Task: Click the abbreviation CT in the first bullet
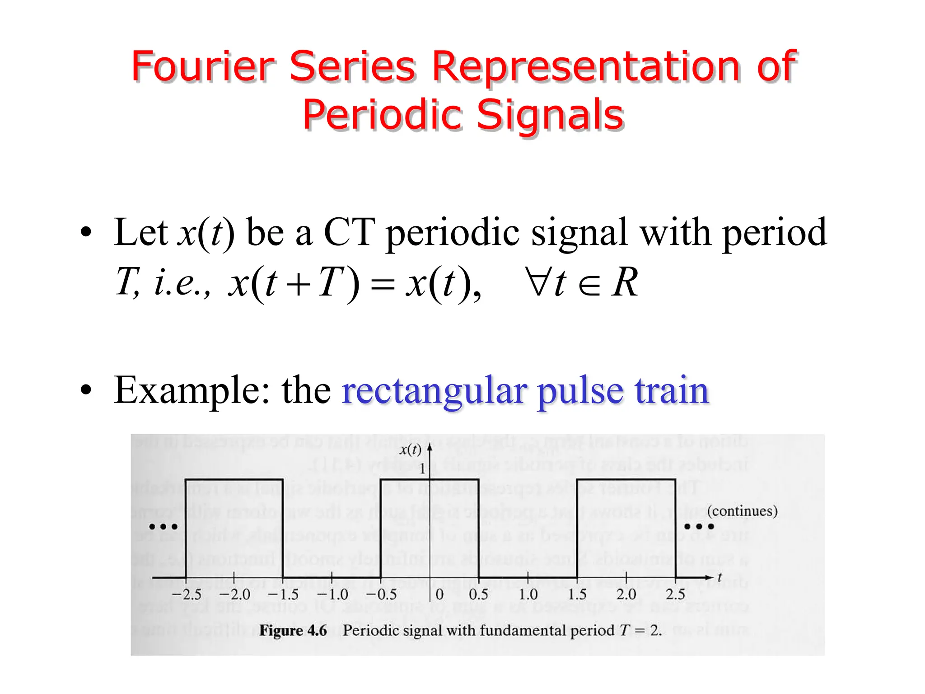coord(350,232)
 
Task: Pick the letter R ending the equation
coord(625,282)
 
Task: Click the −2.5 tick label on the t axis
coord(187,594)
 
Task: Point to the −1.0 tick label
coord(333,594)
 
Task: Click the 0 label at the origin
coord(439,594)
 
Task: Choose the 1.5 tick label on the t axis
coord(577,594)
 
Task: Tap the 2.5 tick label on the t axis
coord(675,594)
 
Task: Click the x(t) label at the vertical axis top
coord(410,450)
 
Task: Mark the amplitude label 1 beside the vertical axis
coord(422,469)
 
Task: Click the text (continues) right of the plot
coord(742,511)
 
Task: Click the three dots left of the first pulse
coord(164,527)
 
